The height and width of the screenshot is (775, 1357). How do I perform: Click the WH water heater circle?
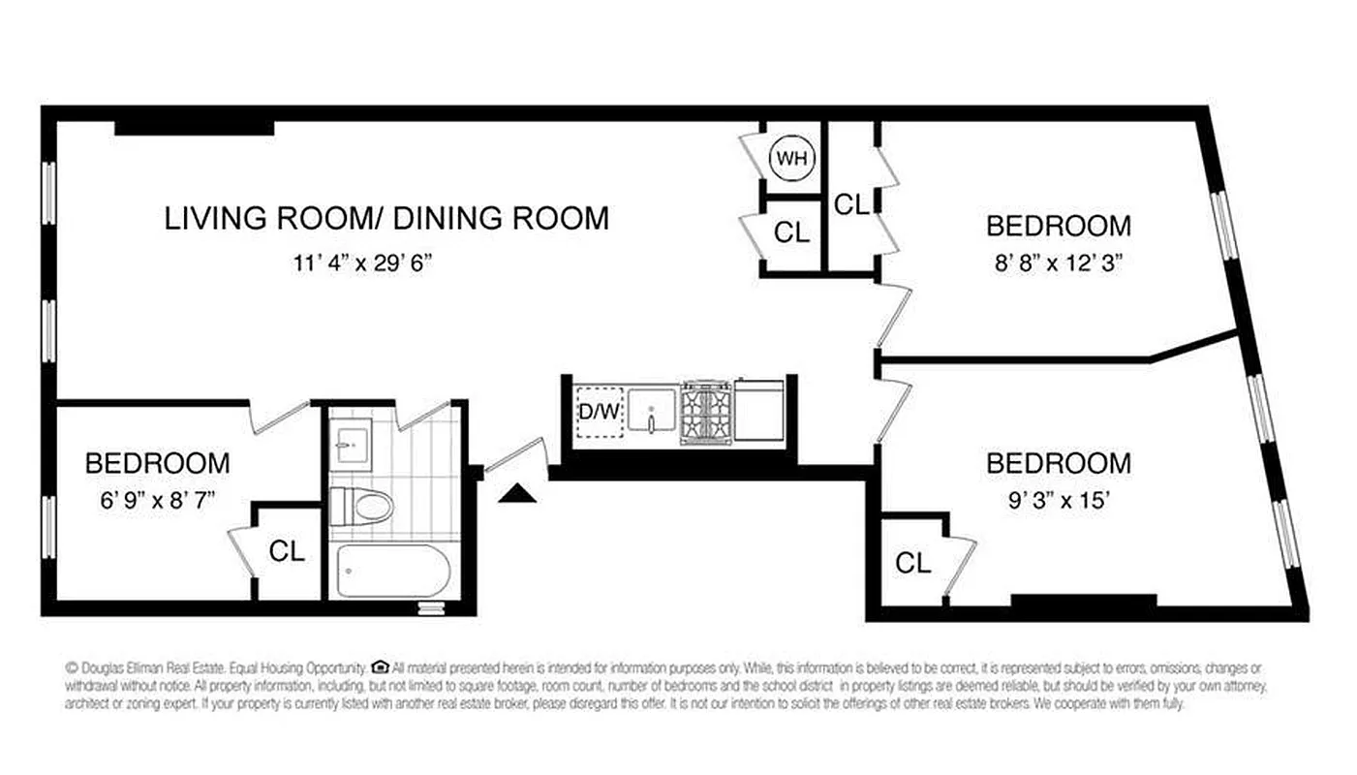coord(792,159)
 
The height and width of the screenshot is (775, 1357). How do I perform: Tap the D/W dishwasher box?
coord(599,412)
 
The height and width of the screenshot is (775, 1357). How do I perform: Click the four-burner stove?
coord(706,412)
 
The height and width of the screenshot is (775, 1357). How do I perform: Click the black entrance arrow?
coord(516,494)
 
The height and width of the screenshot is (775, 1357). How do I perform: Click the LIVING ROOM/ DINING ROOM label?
coord(386,218)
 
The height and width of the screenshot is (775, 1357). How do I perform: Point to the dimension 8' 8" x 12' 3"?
coord(1058,262)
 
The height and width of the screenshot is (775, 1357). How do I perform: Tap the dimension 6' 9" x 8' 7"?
coord(157,501)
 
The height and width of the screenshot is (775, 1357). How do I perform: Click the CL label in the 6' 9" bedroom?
coord(287,551)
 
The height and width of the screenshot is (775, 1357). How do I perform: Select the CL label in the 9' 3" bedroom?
coord(912,563)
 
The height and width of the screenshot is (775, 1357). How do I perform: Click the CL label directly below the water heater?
coord(791,232)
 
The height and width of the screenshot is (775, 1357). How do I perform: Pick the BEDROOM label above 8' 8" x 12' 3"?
coord(1058,226)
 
